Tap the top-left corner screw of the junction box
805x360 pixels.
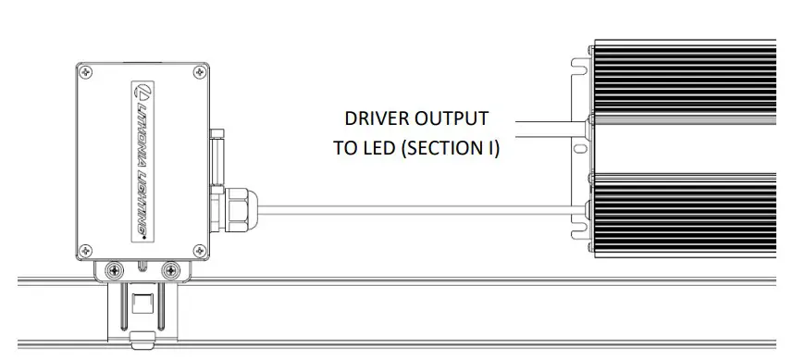coord(86,72)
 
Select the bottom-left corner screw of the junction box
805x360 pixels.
coord(86,249)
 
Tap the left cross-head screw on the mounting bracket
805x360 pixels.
coord(114,269)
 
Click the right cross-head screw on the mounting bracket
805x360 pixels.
coord(169,269)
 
